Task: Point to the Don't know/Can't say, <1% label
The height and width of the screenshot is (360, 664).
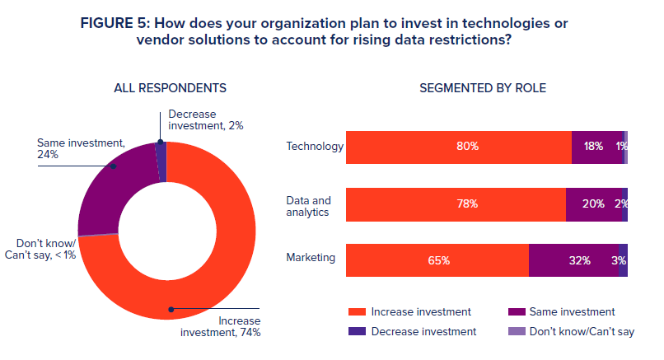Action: click(46, 249)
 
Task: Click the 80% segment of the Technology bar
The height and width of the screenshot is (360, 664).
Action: click(458, 147)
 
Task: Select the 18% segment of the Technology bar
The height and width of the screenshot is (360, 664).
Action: click(597, 147)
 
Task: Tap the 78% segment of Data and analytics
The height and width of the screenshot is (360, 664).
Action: click(456, 203)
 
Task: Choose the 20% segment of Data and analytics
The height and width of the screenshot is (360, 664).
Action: click(593, 203)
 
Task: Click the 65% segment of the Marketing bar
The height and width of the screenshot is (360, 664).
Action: click(437, 260)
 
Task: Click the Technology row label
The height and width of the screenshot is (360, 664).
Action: click(315, 147)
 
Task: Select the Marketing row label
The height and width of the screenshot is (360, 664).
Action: click(311, 258)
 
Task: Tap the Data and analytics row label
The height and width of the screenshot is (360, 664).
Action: click(308, 206)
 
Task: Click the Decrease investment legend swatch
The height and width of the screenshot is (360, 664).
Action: click(356, 331)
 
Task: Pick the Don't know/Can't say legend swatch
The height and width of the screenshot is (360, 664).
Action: click(517, 331)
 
